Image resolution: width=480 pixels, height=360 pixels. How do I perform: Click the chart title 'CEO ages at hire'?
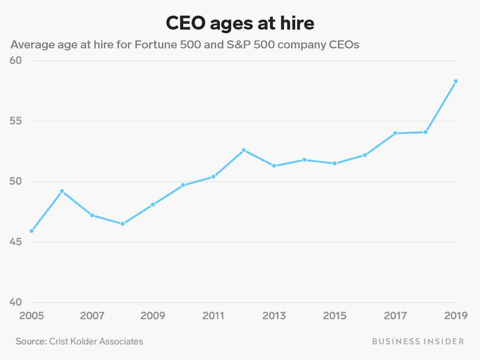pyautogui.click(x=239, y=23)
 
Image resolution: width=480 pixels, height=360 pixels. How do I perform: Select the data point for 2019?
pyautogui.click(x=455, y=81)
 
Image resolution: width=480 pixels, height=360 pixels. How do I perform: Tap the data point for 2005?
pyautogui.click(x=31, y=231)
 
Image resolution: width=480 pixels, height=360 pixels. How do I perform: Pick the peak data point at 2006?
pyautogui.click(x=62, y=191)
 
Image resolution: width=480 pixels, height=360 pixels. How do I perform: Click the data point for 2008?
pyautogui.click(x=122, y=224)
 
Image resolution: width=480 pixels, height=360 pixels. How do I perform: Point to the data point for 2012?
pyautogui.click(x=244, y=150)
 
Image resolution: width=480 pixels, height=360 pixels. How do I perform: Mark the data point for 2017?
pyautogui.click(x=395, y=133)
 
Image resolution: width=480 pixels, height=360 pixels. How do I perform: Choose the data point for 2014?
pyautogui.click(x=304, y=160)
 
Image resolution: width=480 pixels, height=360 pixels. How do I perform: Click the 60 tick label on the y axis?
pyautogui.click(x=16, y=61)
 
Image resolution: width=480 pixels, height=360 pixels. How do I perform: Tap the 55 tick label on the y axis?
pyautogui.click(x=16, y=121)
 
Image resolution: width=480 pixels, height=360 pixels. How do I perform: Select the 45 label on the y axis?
pyautogui.click(x=16, y=242)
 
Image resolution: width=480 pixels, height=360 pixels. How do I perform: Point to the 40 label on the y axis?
pyautogui.click(x=16, y=302)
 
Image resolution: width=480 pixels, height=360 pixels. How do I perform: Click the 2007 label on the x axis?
pyautogui.click(x=92, y=316)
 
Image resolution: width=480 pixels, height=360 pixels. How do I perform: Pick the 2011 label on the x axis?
pyautogui.click(x=213, y=316)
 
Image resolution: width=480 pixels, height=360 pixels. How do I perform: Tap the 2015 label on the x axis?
pyautogui.click(x=334, y=316)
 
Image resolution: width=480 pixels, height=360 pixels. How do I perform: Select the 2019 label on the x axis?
pyautogui.click(x=455, y=316)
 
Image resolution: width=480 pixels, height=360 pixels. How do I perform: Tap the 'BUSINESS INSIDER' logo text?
pyautogui.click(x=418, y=341)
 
